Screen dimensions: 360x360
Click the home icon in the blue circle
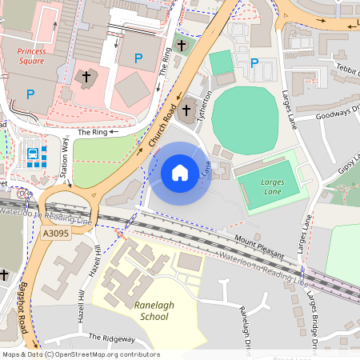(x=180, y=173)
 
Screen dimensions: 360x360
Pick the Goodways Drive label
(x=338, y=114)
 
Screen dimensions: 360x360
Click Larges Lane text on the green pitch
(x=273, y=187)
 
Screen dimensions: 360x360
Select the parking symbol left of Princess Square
(x=30, y=94)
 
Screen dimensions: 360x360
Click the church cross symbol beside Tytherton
(x=188, y=110)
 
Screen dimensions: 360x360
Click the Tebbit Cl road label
(x=346, y=70)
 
